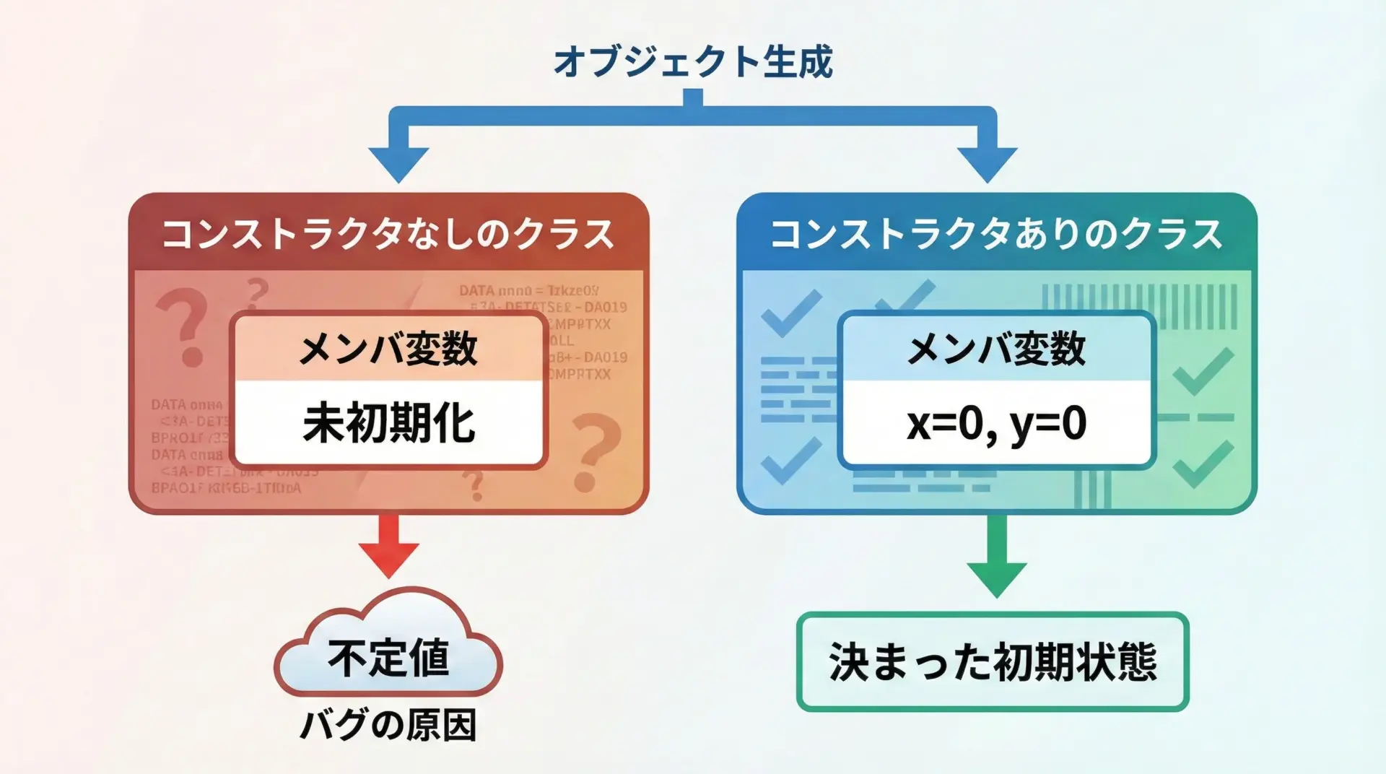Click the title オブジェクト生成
point(693,61)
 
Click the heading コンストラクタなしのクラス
point(388,235)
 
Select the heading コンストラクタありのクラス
point(996,235)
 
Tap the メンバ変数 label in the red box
point(388,349)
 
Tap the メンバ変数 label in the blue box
point(996,349)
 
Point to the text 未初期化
point(389,423)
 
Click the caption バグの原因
point(388,725)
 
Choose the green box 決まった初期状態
point(993,661)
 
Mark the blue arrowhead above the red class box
point(398,163)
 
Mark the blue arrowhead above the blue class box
point(987,163)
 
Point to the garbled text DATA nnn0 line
point(528,291)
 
